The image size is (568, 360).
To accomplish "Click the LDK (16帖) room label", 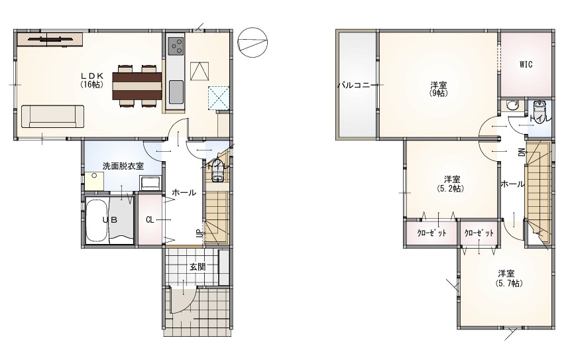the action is point(92,80).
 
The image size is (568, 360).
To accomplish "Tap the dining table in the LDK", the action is point(137,86).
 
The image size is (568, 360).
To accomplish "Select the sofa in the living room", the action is point(52,117).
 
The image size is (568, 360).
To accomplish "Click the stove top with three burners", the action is point(176,46).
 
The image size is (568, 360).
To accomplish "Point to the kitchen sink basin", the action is point(176,91).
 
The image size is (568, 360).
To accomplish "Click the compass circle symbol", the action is point(253,42).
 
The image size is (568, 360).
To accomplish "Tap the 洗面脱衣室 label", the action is point(123,166).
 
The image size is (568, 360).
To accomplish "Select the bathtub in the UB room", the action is point(97,221).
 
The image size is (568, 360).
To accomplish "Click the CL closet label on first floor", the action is point(150,219).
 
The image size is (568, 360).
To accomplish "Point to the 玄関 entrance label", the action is point(198,267).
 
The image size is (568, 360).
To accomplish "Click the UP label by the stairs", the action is point(199,233).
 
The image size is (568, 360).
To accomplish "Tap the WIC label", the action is point(526,64).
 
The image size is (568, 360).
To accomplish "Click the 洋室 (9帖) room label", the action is point(439,90).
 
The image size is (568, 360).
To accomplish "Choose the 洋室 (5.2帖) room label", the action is point(451,184).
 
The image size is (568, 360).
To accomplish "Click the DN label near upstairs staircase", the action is point(522,152).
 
